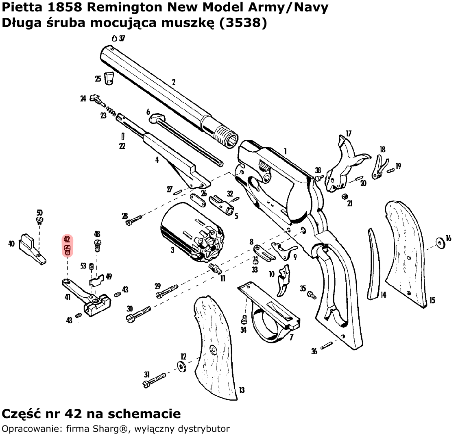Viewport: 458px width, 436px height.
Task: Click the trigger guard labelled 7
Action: (x=268, y=313)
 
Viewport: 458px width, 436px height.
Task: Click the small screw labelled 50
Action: (x=40, y=220)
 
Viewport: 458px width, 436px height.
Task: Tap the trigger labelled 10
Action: (x=284, y=281)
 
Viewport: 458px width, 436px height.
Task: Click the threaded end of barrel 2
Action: (x=225, y=134)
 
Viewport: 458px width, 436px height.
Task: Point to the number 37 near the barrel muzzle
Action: (x=122, y=38)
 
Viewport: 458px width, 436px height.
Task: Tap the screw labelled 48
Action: (x=97, y=245)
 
